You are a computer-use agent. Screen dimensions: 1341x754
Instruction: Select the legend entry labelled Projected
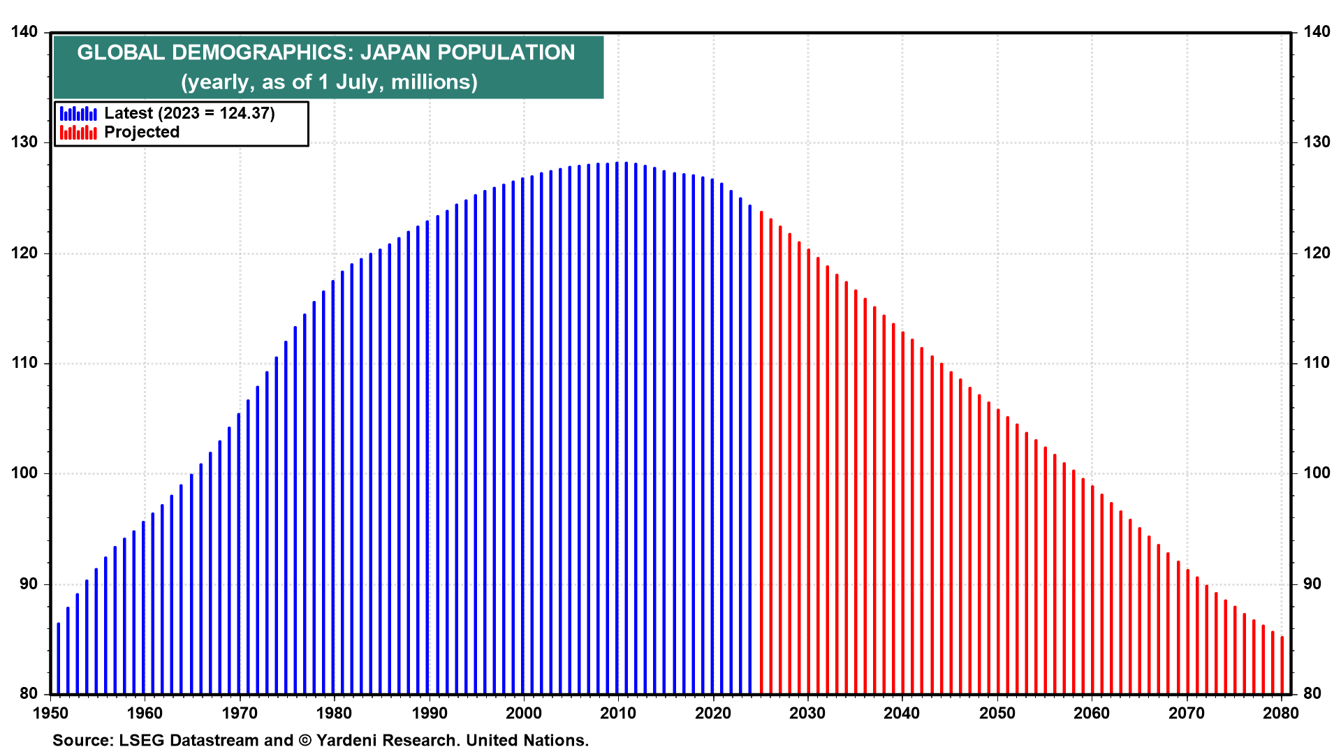click(x=142, y=132)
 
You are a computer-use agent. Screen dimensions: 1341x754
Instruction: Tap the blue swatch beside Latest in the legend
click(x=78, y=113)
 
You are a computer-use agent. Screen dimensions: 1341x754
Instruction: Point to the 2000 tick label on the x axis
click(x=523, y=713)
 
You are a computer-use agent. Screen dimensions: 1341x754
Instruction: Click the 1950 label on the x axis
click(x=50, y=713)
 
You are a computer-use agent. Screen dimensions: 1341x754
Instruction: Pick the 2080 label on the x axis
click(x=1281, y=713)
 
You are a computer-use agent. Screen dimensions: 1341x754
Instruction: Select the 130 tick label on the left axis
click(x=25, y=142)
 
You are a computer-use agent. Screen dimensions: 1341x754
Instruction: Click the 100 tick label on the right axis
click(x=1317, y=473)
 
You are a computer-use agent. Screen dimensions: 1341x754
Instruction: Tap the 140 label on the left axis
click(x=25, y=32)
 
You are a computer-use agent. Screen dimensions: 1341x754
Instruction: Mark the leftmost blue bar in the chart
click(x=59, y=658)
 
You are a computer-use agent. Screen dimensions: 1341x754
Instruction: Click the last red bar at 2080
click(x=1282, y=665)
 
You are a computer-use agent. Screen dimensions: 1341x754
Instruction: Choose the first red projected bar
click(x=761, y=452)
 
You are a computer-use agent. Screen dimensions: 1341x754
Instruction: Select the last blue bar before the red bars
click(x=750, y=450)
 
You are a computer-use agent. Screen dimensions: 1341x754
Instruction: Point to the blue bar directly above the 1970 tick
click(x=239, y=554)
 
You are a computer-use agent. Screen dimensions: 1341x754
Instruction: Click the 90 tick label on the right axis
click(x=1312, y=584)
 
